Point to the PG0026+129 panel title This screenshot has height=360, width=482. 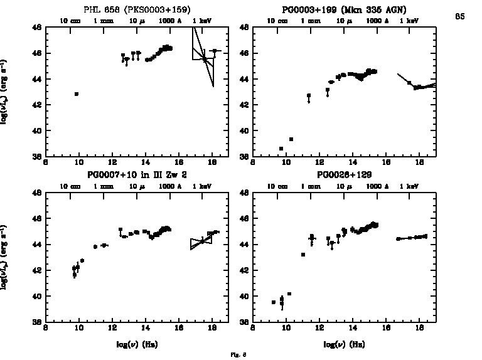coord(343,174)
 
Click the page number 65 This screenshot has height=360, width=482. coord(460,16)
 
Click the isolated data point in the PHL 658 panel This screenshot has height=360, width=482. coord(77,94)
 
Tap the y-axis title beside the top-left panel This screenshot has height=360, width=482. coord(5,92)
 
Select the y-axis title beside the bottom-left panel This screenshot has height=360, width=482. coord(5,257)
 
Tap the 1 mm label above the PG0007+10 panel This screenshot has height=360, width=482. coord(102,186)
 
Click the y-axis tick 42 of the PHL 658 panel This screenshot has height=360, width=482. coord(38,105)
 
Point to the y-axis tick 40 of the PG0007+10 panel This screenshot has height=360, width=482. coord(38,296)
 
